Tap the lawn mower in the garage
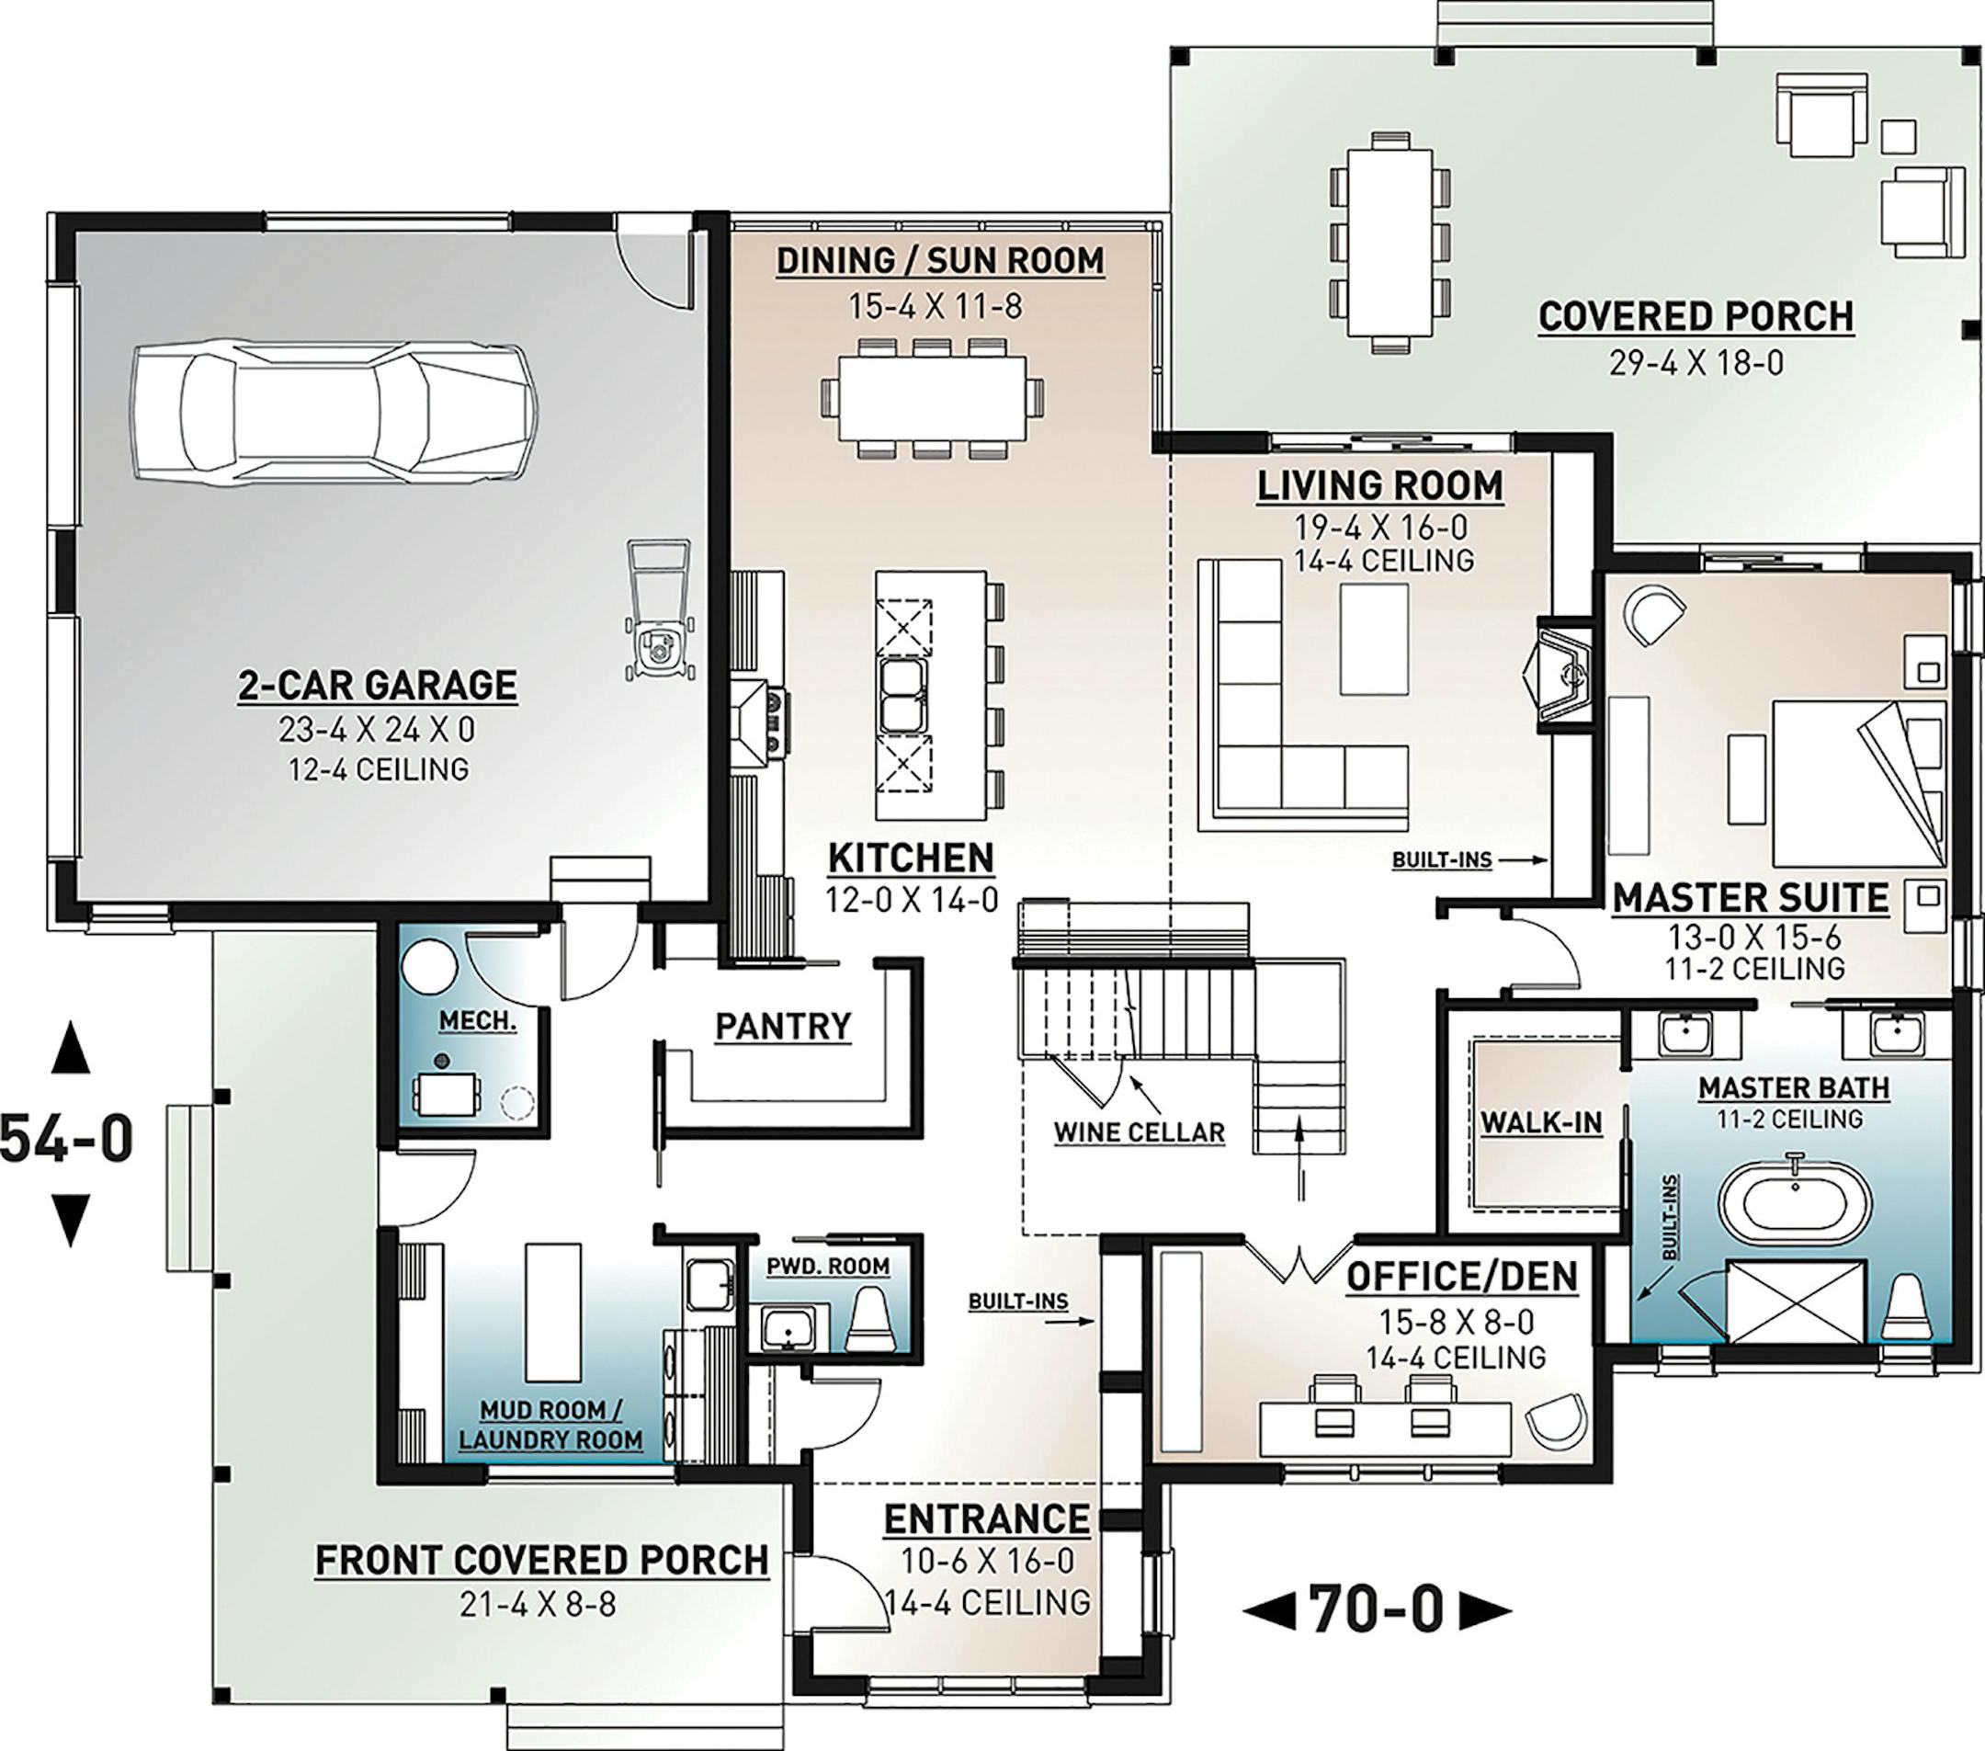657,610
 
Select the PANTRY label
783,1026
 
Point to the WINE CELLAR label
1140,1132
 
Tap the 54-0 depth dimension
66,1137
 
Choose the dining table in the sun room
932,398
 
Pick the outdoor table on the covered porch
1389,241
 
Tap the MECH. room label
477,1020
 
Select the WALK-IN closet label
1541,1122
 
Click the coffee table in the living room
1374,639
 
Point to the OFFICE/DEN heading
1461,1277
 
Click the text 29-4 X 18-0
1696,363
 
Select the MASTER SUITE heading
1751,897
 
